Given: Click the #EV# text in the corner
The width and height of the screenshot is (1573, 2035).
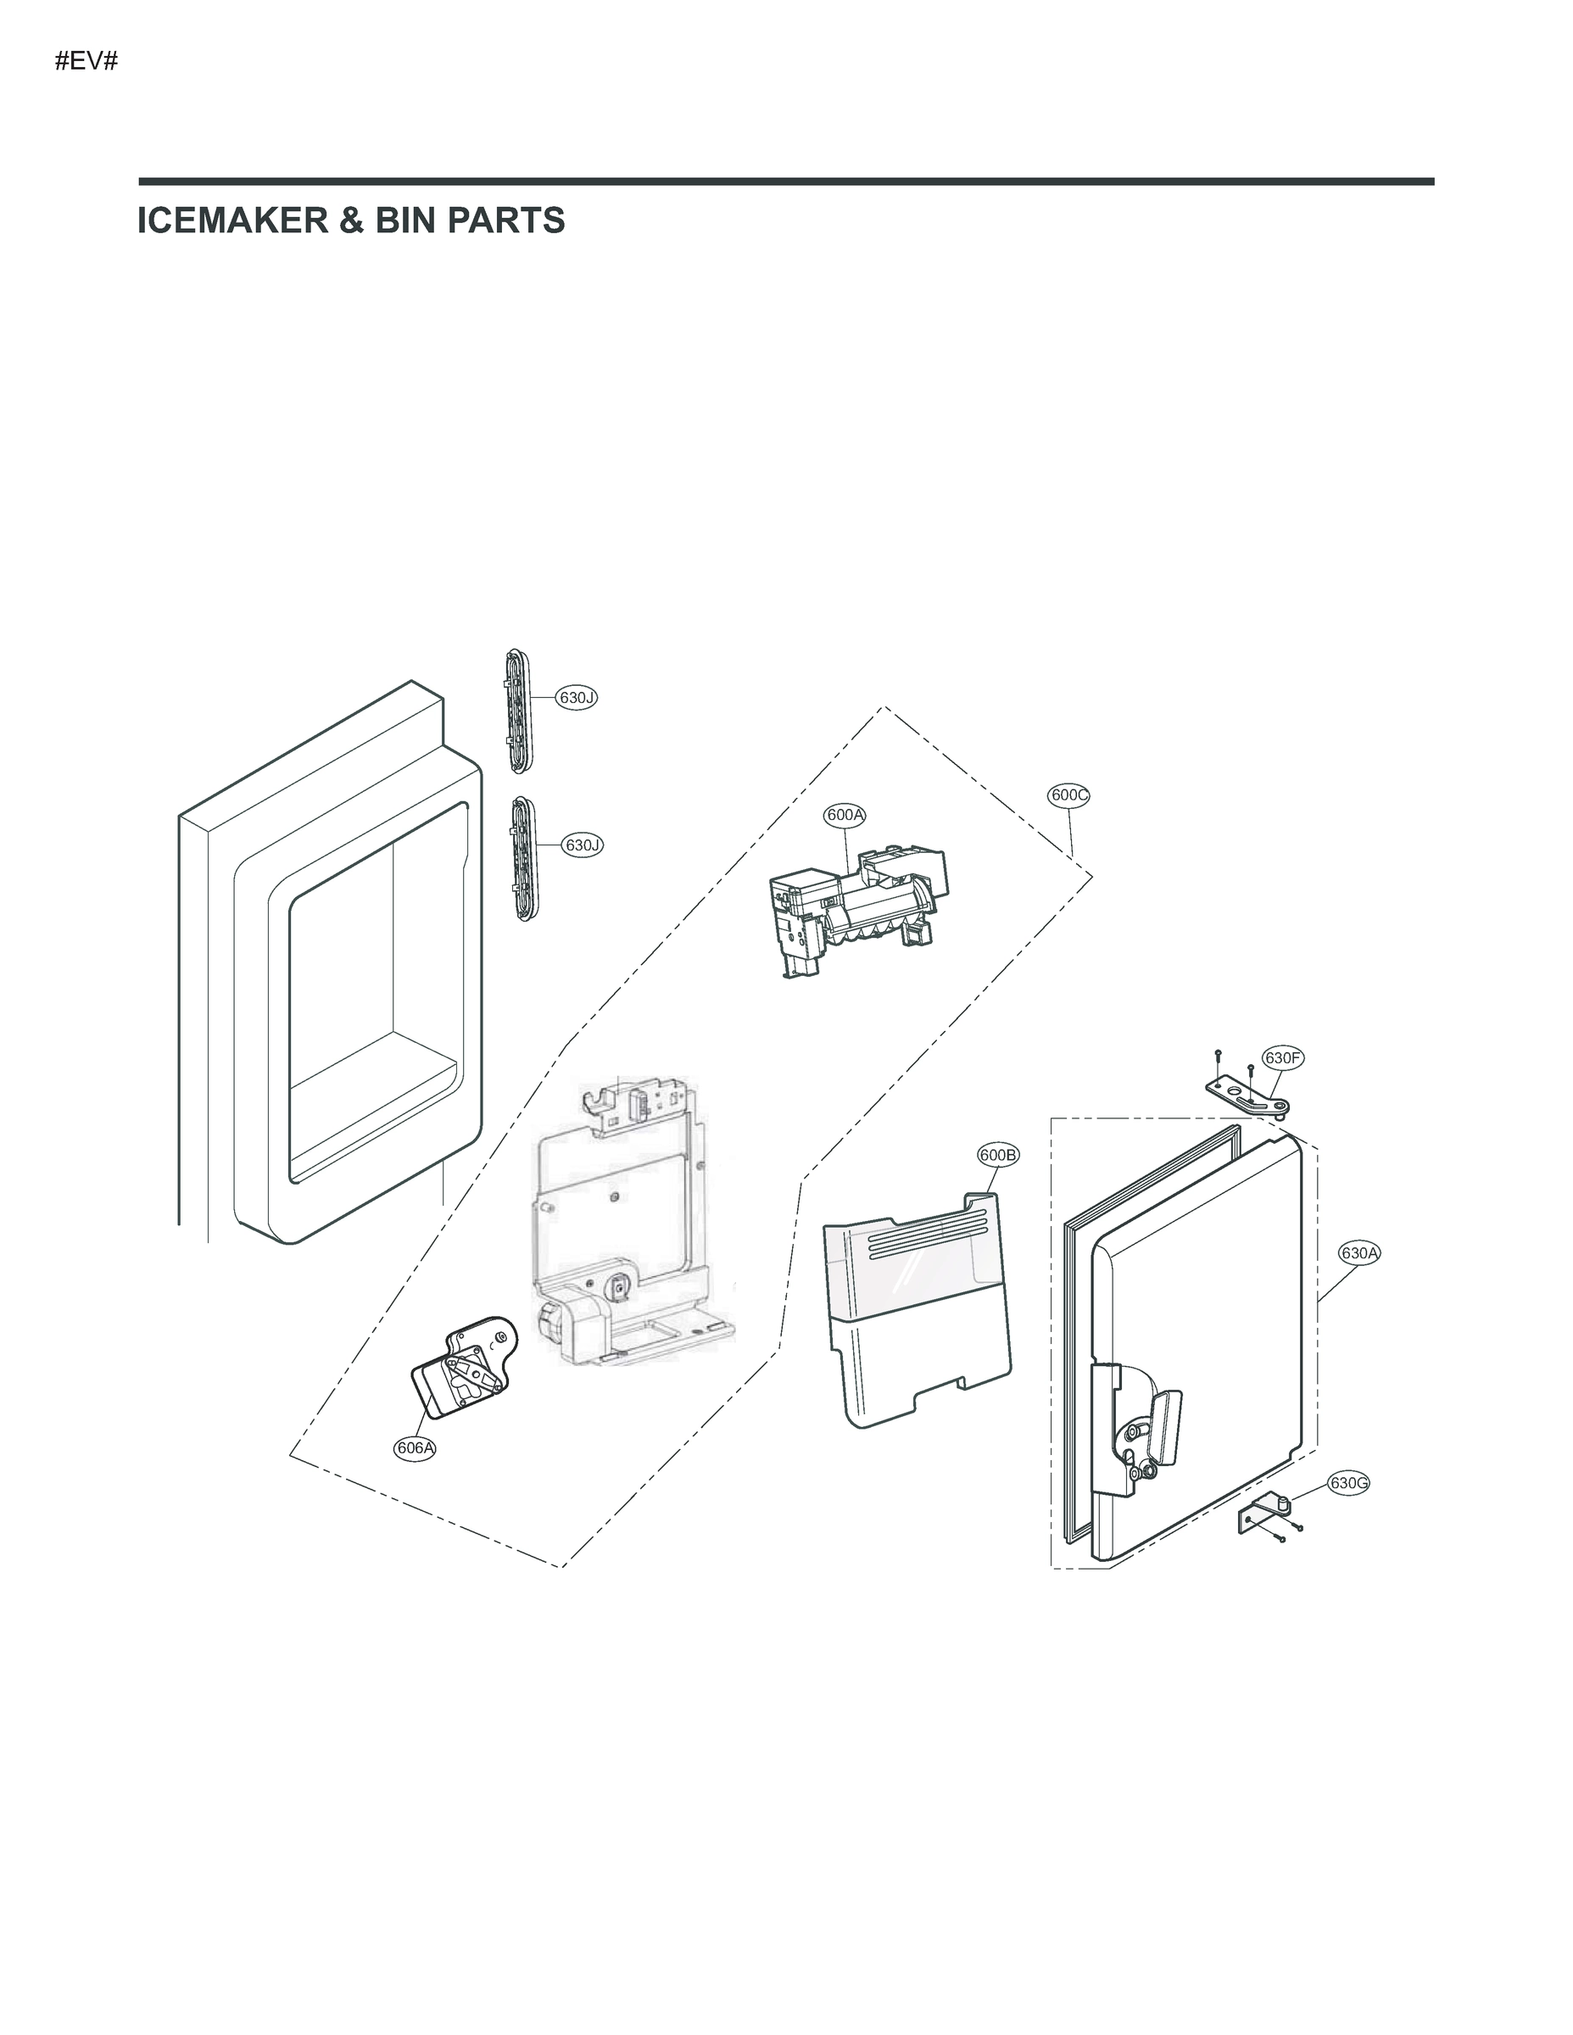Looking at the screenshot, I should tap(86, 63).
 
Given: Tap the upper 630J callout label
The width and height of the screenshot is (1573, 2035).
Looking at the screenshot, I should tap(576, 697).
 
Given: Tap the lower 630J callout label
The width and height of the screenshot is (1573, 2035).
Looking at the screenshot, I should tap(582, 845).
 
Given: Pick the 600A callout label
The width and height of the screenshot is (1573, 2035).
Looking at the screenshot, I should tap(845, 814).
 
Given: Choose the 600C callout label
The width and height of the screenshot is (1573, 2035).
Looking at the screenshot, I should tap(1068, 794).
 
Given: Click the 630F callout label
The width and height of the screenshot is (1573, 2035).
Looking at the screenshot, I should tap(1282, 1057).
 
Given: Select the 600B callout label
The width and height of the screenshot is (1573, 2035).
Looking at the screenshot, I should tap(998, 1156).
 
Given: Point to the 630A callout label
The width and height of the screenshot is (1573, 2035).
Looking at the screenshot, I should tap(1358, 1253).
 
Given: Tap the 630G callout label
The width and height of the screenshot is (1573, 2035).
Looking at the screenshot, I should tap(1348, 1483).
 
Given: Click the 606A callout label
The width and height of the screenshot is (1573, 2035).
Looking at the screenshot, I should tap(415, 1447).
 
